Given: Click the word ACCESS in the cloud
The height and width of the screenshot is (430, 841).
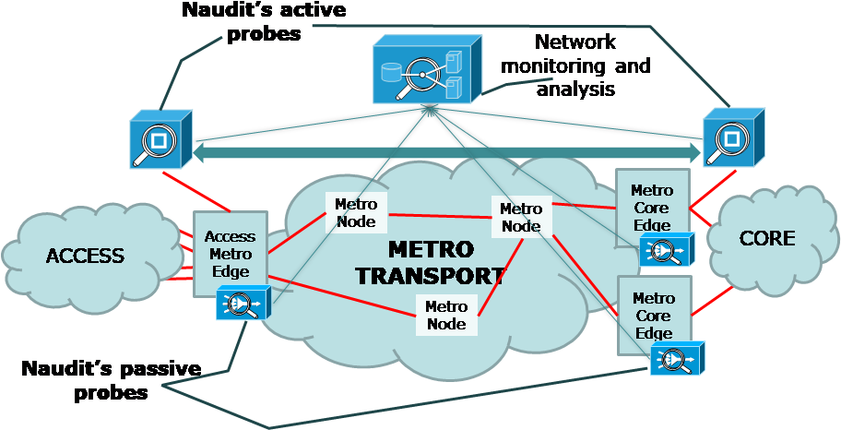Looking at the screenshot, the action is coord(85,256).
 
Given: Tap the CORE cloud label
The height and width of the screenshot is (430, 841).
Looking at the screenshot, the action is coord(767,238).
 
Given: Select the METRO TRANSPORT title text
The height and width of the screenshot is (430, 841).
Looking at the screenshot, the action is coord(432,262).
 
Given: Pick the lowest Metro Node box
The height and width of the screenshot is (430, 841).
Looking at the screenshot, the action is coord(446,315).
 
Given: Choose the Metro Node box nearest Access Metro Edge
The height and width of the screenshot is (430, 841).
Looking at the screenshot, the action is coord(356,212).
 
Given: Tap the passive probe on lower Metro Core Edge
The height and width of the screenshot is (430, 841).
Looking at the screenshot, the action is coord(678,357).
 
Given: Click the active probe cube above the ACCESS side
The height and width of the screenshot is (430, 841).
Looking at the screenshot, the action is coord(160,138).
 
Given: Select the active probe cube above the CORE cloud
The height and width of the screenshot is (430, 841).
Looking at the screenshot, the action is coord(734,137).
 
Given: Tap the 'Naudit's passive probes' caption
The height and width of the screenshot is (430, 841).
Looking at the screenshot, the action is coord(112,380).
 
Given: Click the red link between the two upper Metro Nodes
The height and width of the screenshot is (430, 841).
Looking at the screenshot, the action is coord(440,216).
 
